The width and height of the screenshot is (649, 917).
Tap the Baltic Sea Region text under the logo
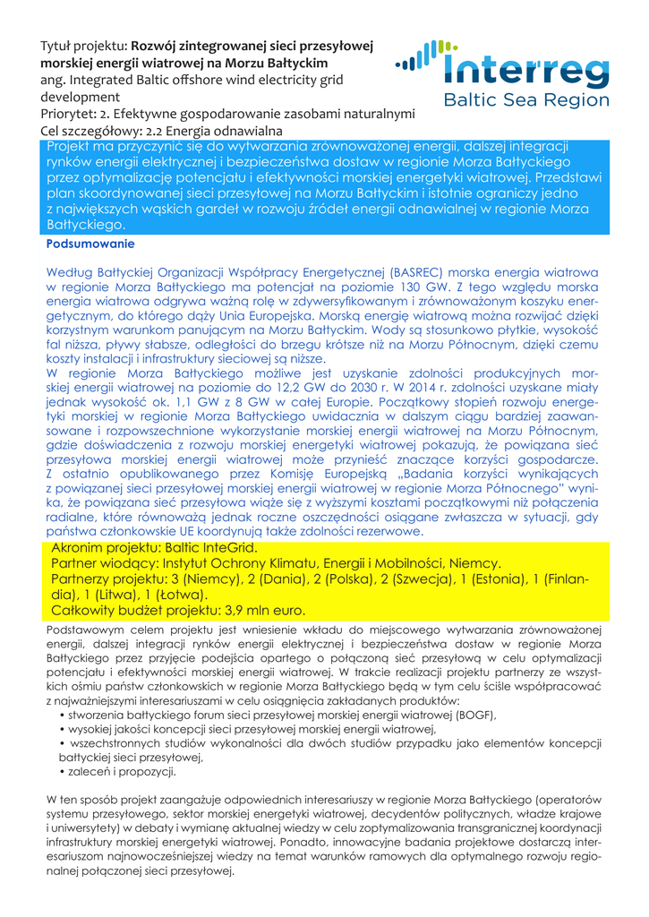(x=526, y=100)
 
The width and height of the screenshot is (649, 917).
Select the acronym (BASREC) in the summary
(x=417, y=270)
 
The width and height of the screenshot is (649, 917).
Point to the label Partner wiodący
(x=104, y=563)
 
